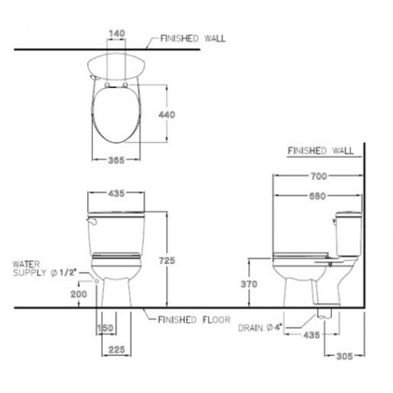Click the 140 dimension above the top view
point(116,33)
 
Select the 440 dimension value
point(167,114)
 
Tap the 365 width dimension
point(116,161)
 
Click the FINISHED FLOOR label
point(194,320)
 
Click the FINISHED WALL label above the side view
point(320,151)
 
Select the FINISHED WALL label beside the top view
point(192,38)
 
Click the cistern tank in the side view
point(348,234)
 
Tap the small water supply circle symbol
point(96,280)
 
